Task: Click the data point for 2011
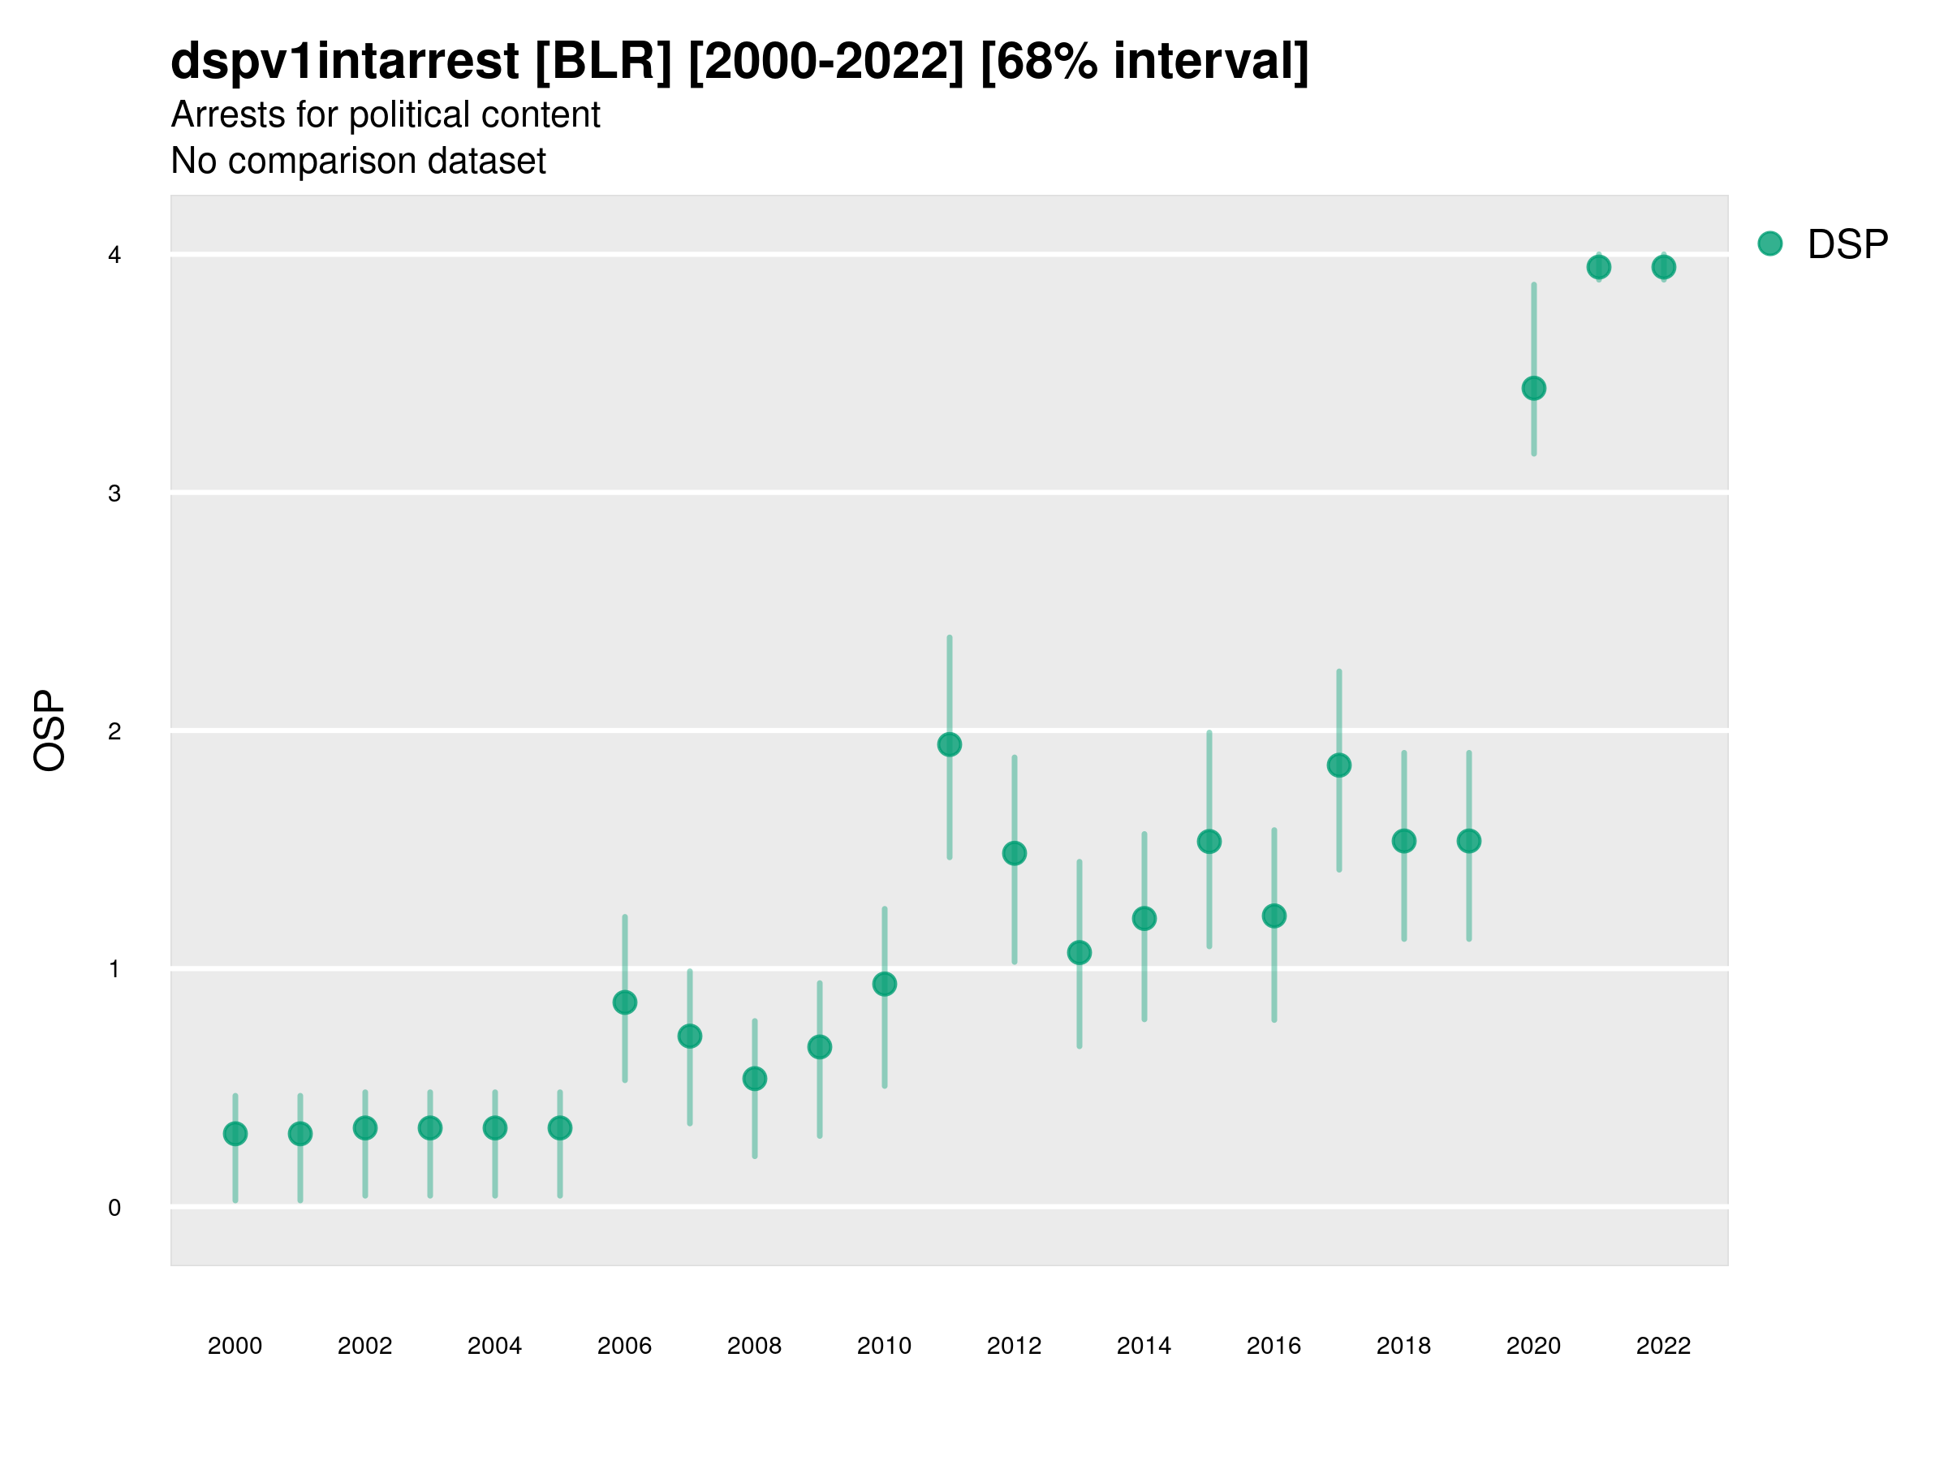point(950,744)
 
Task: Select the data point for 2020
point(1533,388)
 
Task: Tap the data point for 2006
point(624,1002)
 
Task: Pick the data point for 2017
point(1338,765)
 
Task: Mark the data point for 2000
point(235,1133)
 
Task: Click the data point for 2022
point(1664,267)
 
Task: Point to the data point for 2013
point(1079,952)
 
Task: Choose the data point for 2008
point(755,1079)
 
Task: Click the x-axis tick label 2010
point(884,1346)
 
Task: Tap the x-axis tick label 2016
point(1274,1346)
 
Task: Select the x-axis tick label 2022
point(1664,1346)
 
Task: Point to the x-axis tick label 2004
point(495,1346)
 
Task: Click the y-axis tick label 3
point(114,493)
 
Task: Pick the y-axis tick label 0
point(114,1208)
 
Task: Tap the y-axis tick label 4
point(114,256)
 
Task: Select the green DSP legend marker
point(1770,244)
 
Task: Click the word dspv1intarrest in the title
point(344,61)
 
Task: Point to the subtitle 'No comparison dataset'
point(359,162)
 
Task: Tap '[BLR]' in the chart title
point(603,61)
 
